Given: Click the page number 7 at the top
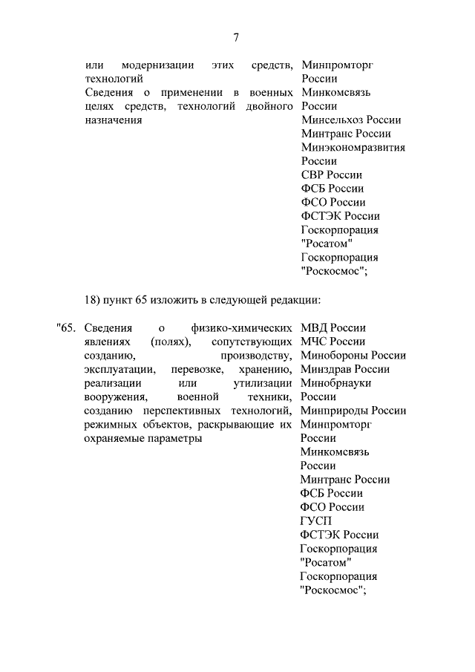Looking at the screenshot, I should click(236, 37).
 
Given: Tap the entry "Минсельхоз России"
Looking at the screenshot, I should click(351, 120).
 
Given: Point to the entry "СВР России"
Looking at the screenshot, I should click(331, 174).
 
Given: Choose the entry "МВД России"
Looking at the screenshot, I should click(333, 327).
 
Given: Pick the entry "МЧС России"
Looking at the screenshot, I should click(332, 342).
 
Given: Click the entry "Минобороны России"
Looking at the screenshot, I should click(353, 355).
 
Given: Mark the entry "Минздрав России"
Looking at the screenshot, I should click(345, 369).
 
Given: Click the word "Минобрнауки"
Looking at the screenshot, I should click(335, 382).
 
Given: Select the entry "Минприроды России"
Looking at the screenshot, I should click(353, 411).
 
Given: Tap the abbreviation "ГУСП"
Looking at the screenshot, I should click(317, 521).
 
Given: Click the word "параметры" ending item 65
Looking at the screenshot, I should click(177, 438).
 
